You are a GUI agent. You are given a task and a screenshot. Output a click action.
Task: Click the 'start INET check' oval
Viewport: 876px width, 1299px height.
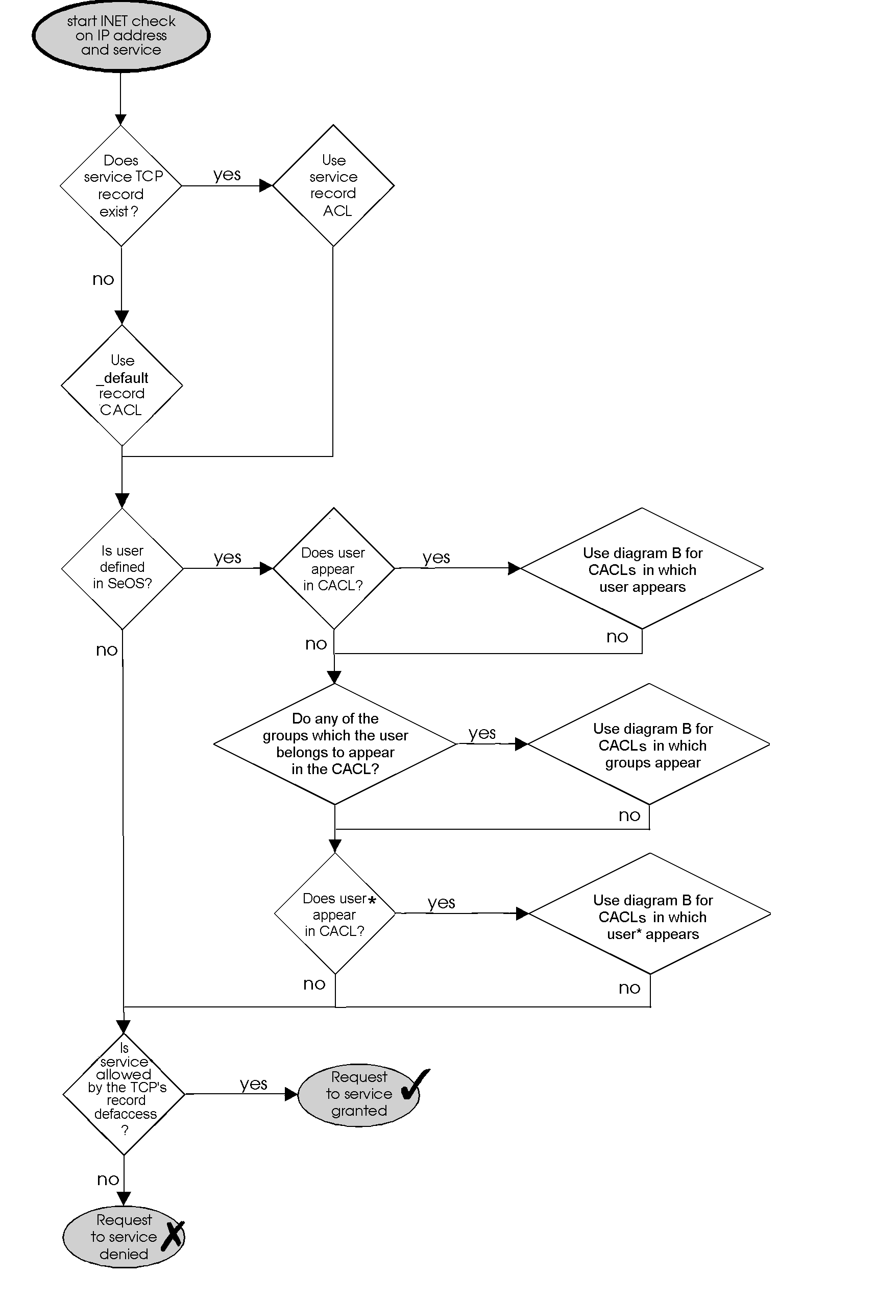[x=120, y=36]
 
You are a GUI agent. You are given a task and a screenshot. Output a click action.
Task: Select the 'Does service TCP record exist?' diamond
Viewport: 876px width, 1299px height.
[x=120, y=185]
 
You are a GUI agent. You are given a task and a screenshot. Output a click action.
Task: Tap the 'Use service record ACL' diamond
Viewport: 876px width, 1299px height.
[x=333, y=185]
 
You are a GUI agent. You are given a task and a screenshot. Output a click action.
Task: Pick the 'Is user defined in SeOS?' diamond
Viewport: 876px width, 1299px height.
[x=122, y=568]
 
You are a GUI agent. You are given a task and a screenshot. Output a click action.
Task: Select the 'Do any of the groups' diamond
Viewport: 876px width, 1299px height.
[x=335, y=743]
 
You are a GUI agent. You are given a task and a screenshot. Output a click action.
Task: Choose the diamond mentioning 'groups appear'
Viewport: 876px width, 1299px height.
[x=649, y=744]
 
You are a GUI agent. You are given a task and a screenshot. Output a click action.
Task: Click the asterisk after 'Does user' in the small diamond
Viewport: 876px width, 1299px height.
[x=372, y=900]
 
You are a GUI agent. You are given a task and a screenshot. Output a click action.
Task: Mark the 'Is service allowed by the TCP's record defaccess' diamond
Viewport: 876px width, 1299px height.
[x=124, y=1093]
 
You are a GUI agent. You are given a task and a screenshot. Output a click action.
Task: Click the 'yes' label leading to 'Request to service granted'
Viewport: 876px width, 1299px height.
[x=253, y=1084]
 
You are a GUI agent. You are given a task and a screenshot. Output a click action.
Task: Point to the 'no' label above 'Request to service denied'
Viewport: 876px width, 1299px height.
[x=108, y=1179]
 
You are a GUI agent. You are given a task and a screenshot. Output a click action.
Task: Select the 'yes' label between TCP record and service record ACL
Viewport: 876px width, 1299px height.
[x=227, y=175]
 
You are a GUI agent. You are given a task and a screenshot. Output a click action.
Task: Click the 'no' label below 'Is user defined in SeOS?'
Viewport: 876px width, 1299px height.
[x=107, y=650]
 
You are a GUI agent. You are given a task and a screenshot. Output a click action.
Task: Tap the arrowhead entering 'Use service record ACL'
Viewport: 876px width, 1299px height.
[x=266, y=186]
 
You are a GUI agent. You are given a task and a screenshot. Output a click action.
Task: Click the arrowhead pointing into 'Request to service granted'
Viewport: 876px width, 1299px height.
[x=291, y=1094]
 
